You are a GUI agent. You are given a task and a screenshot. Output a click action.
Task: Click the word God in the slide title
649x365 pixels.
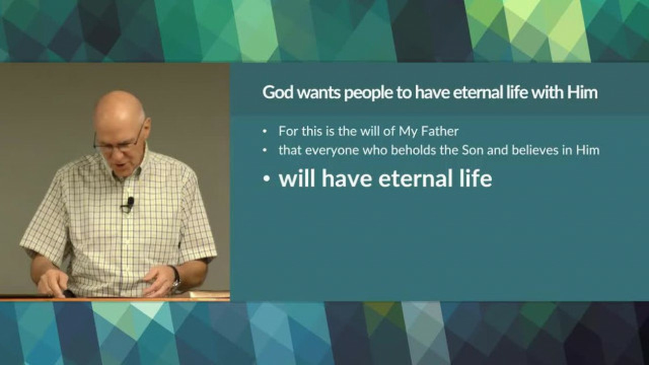click(277, 93)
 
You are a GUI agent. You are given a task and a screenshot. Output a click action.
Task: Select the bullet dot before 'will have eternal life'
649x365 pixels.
click(266, 179)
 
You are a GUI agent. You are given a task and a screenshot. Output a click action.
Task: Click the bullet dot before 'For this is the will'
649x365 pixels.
click(264, 132)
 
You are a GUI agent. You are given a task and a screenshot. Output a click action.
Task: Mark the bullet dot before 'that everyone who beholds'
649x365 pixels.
click(264, 151)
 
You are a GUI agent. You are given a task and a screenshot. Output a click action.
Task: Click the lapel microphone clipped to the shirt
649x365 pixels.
click(130, 202)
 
